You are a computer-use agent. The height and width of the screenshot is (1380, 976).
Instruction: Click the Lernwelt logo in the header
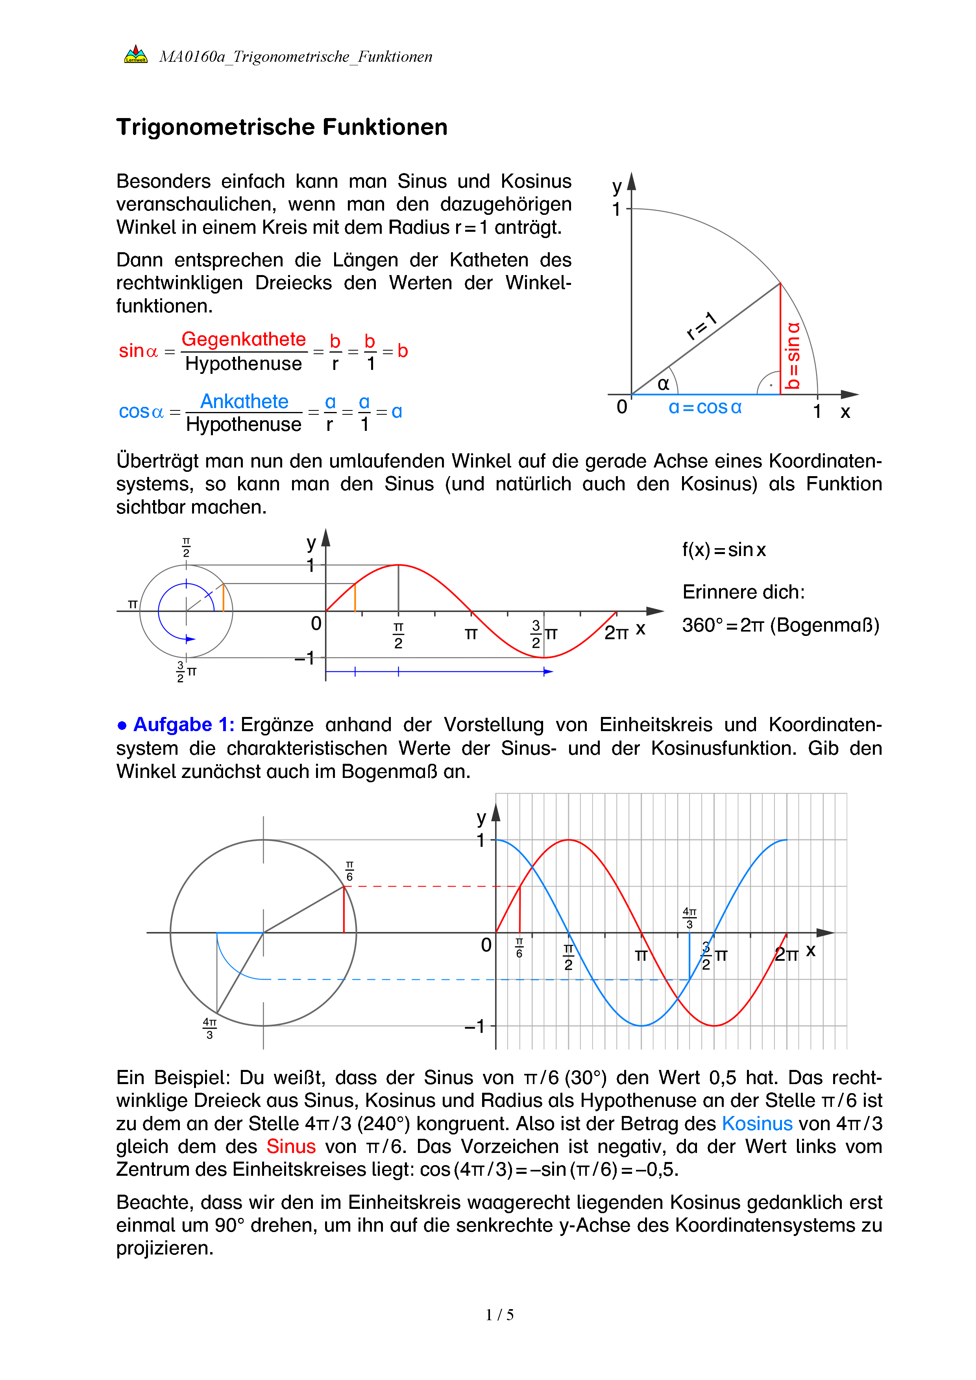click(x=136, y=55)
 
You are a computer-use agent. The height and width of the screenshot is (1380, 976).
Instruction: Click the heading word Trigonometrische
click(x=217, y=127)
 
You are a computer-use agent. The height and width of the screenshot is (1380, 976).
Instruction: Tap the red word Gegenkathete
click(x=243, y=340)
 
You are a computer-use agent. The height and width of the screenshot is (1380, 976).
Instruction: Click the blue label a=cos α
click(x=705, y=408)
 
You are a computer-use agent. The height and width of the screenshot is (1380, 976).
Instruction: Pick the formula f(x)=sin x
click(x=724, y=550)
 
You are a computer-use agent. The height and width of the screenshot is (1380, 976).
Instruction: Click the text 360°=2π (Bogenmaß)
click(x=780, y=626)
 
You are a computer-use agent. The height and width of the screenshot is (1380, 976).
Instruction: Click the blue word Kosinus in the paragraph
click(x=757, y=1124)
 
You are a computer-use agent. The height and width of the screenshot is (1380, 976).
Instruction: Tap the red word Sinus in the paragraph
click(x=291, y=1147)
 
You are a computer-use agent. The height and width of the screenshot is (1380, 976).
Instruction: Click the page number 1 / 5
click(x=499, y=1315)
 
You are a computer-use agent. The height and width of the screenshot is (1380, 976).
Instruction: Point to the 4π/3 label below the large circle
click(x=209, y=1028)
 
